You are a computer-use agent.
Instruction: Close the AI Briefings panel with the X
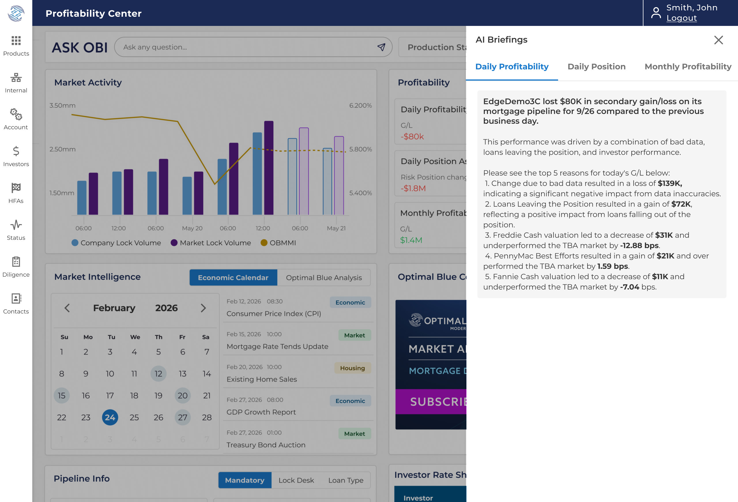[x=718, y=40]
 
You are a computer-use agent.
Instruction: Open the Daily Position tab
[x=596, y=66]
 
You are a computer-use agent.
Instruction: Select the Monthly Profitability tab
[x=688, y=66]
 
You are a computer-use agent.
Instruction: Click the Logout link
[x=681, y=18]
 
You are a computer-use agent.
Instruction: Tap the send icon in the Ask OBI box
[x=381, y=47]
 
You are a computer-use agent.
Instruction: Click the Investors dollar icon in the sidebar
[x=16, y=151]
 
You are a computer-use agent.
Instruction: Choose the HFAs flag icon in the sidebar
[x=16, y=188]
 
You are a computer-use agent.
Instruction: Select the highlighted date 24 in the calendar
[x=110, y=417]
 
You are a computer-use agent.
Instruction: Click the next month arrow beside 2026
[x=203, y=308]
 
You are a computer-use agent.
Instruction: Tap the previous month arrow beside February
[x=67, y=308]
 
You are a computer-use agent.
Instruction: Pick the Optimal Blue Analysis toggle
[x=323, y=277]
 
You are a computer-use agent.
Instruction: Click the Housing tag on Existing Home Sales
[x=352, y=368]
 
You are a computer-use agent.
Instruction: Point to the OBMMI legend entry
[x=278, y=243]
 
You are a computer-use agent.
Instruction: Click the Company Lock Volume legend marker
[x=75, y=243]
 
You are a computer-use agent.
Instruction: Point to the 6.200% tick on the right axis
[x=360, y=105]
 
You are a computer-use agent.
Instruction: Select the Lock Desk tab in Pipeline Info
[x=296, y=480]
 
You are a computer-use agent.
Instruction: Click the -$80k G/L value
[x=412, y=137]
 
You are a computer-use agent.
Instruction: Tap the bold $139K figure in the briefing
[x=670, y=183]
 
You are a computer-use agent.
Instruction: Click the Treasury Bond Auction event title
[x=266, y=445]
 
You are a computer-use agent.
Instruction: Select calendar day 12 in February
[x=158, y=374]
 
